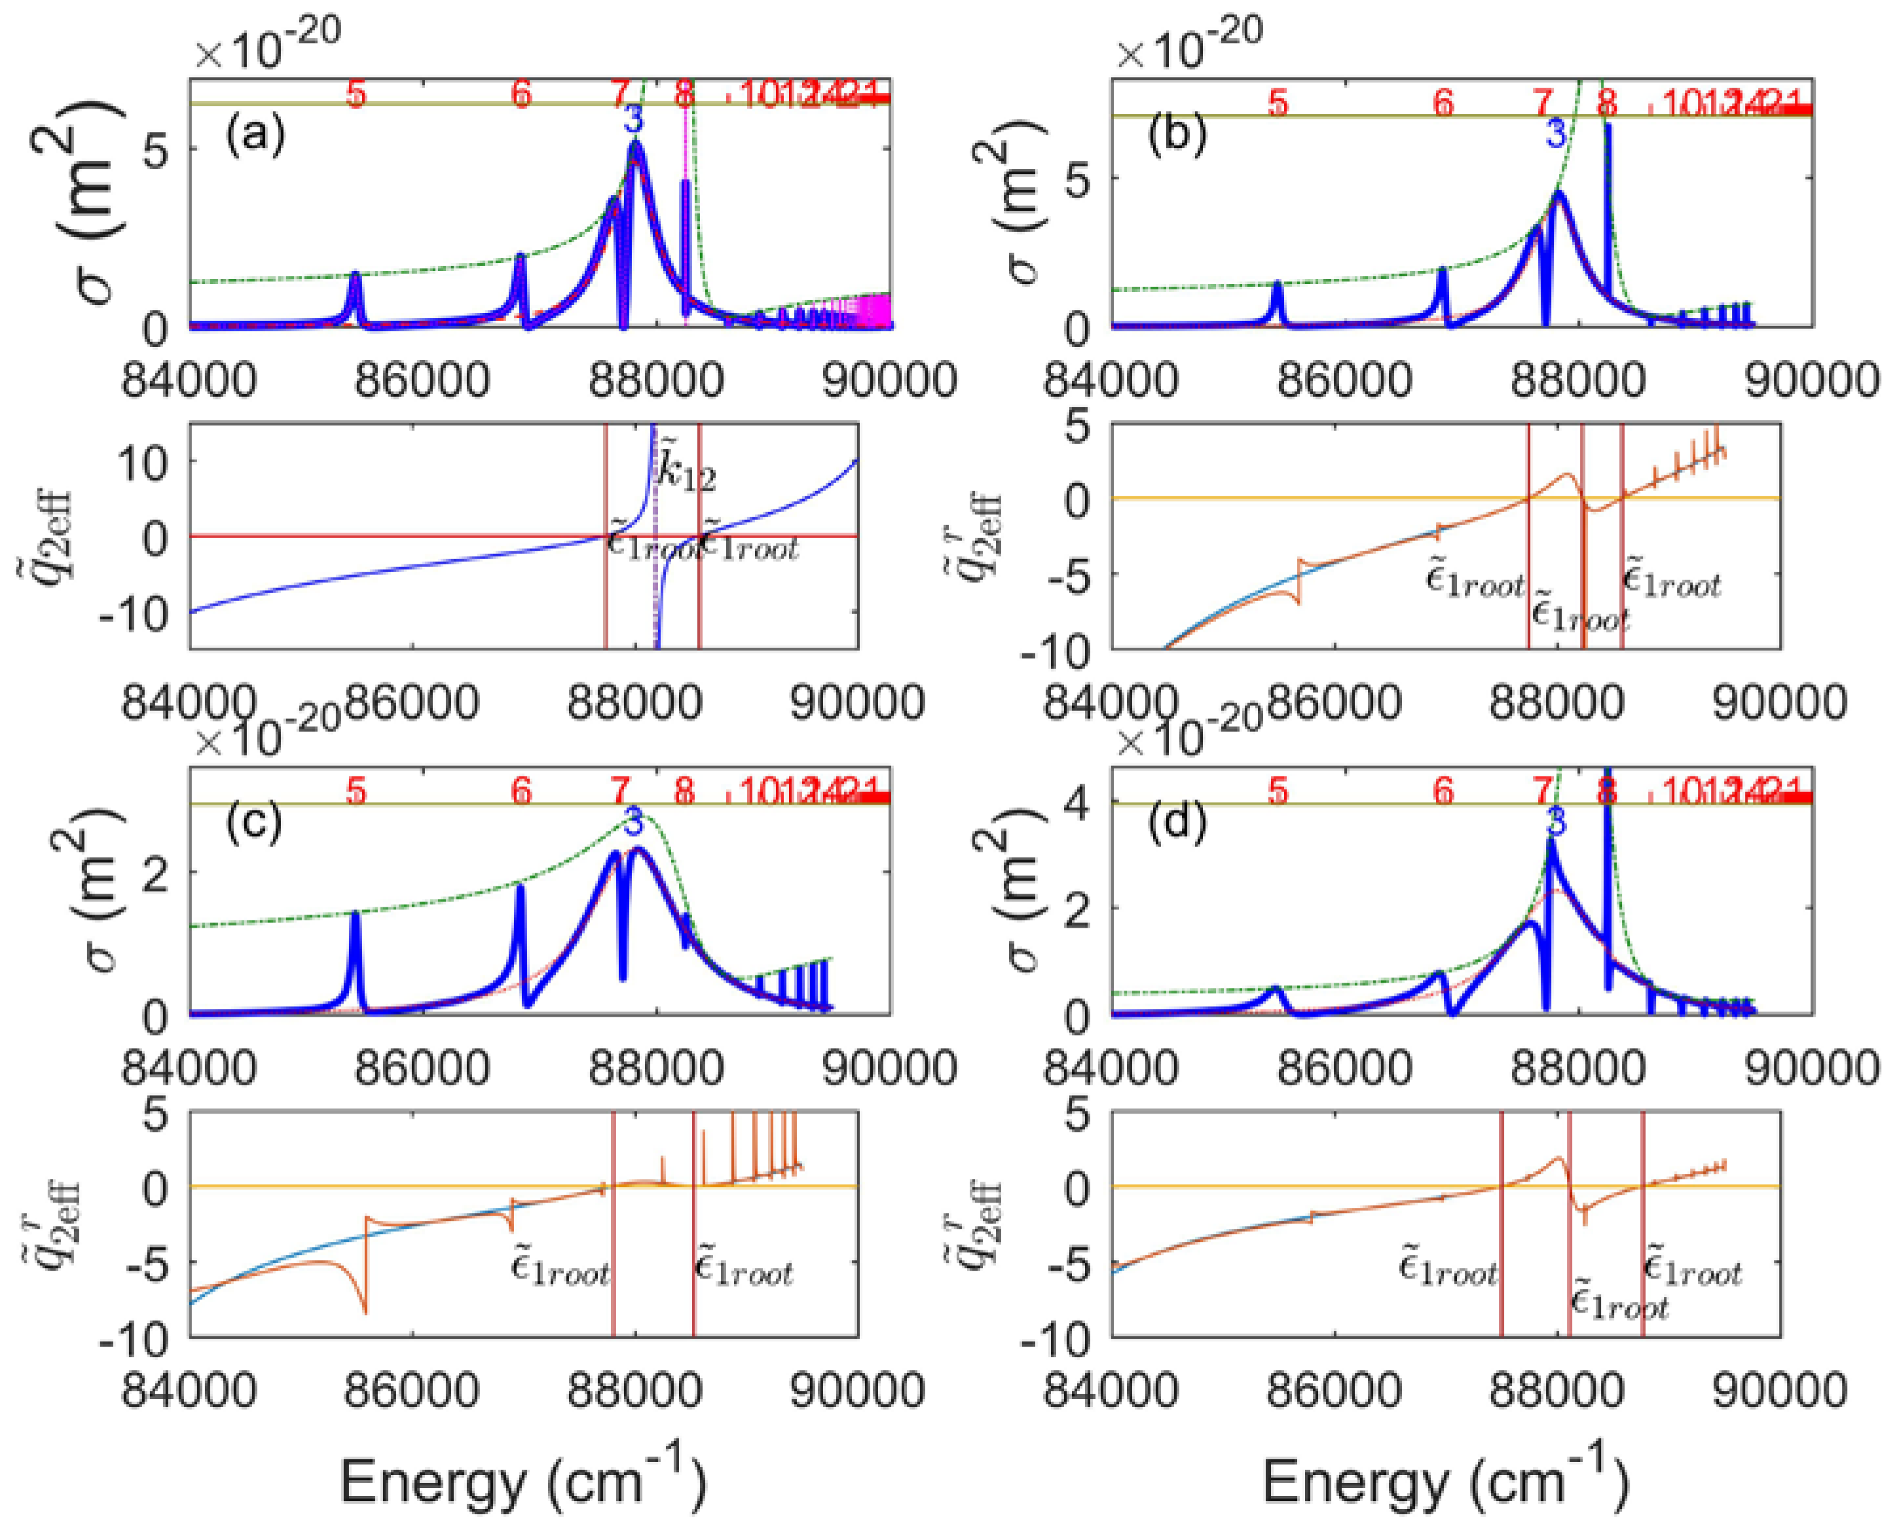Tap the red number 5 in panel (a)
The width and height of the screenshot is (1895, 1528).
[355, 94]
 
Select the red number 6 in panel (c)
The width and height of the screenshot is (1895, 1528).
[522, 791]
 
